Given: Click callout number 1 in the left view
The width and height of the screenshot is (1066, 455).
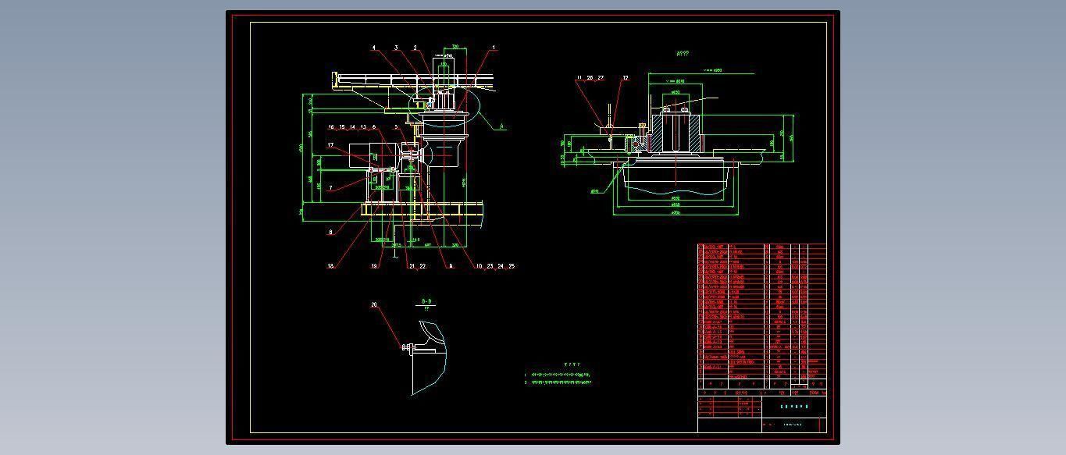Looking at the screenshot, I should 494,48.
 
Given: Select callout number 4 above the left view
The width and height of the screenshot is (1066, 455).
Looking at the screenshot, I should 374,48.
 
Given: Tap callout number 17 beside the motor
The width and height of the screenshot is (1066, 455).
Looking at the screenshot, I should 331,145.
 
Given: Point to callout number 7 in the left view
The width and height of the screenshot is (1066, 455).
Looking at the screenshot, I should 331,188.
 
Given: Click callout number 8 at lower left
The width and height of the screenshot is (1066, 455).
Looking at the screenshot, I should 331,232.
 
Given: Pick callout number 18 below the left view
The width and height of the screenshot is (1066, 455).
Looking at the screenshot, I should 331,266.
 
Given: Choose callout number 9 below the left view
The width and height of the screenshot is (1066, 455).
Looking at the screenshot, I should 451,266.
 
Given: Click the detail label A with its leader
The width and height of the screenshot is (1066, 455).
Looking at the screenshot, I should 502,126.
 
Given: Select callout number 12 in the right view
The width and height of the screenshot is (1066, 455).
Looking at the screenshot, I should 626,78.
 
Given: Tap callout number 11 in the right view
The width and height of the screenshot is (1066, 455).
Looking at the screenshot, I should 579,78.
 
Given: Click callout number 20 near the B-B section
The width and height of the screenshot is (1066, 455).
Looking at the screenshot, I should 374,305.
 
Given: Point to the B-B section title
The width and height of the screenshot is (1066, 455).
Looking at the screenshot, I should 426,301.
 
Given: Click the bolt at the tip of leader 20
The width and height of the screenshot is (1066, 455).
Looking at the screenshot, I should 405,347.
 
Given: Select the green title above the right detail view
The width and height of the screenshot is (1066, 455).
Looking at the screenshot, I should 682,54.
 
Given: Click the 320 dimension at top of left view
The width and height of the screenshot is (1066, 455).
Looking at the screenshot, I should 455,47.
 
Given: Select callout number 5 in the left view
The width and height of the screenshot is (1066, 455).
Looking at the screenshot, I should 396,127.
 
